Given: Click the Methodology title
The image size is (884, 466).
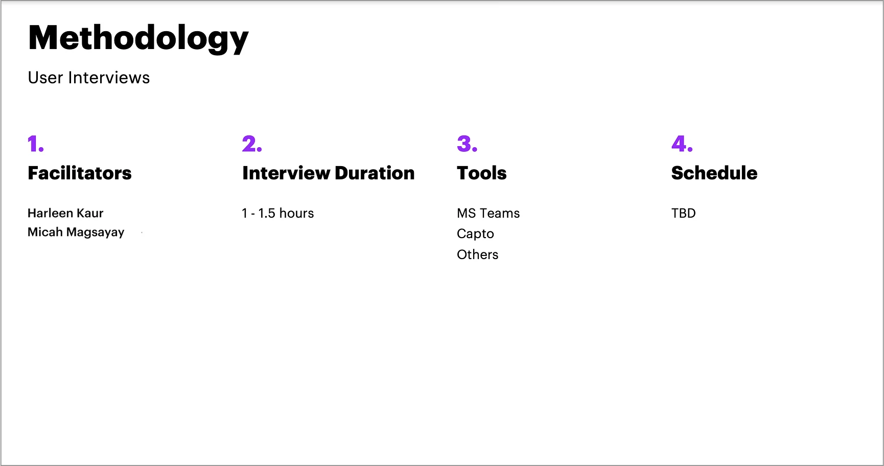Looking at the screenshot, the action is [x=138, y=39].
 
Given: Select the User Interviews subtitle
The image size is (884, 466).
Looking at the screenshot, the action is [x=89, y=78].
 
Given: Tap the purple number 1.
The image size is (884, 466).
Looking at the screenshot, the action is [x=36, y=144].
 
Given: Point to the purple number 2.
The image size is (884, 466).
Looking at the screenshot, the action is [x=252, y=144].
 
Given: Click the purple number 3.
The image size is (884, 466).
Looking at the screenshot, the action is [x=467, y=144].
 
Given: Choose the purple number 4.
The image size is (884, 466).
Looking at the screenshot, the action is [x=682, y=144].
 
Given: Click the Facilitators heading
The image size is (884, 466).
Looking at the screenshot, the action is [x=80, y=173].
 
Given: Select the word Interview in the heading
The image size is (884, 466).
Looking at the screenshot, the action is [x=286, y=173].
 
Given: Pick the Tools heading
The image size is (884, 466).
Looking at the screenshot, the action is [x=482, y=173].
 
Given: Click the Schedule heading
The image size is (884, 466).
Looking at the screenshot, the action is [x=714, y=173].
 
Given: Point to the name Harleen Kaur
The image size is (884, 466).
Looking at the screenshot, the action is [x=65, y=213].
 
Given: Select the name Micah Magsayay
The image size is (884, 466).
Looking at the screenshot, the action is [x=76, y=232].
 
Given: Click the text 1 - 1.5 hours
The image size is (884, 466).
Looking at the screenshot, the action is [x=278, y=213].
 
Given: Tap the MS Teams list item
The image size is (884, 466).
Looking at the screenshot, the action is [x=488, y=213].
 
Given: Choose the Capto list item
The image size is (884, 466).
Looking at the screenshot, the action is [x=475, y=234].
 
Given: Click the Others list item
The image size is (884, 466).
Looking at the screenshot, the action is [x=477, y=254].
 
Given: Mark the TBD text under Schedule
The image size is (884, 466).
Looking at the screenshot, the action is [x=684, y=213].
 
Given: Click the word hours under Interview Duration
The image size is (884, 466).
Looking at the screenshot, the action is [x=296, y=213].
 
